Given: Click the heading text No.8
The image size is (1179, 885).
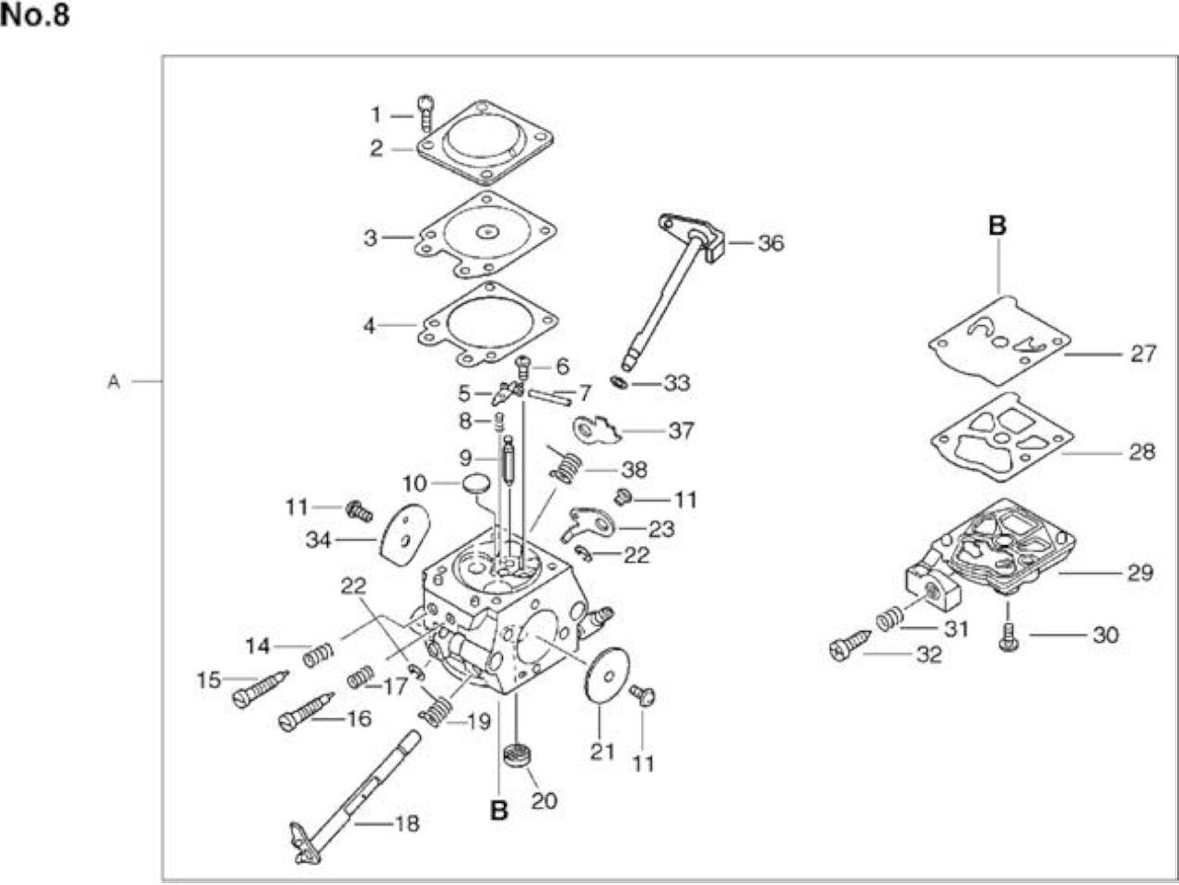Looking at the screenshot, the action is pyautogui.click(x=35, y=15).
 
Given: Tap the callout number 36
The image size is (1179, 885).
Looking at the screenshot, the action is pyautogui.click(x=771, y=243).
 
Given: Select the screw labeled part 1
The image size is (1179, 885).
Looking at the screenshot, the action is pyautogui.click(x=426, y=113).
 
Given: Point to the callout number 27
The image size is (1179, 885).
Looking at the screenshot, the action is pyautogui.click(x=1143, y=354).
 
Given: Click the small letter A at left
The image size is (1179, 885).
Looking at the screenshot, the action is pyautogui.click(x=113, y=382).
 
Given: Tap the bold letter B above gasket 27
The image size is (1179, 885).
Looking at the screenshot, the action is pyautogui.click(x=998, y=226).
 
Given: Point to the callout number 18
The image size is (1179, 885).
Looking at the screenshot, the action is pyautogui.click(x=406, y=823).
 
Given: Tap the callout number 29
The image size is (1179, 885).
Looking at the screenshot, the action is pyautogui.click(x=1139, y=573).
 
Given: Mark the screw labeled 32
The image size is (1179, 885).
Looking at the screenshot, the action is pyautogui.click(x=850, y=645).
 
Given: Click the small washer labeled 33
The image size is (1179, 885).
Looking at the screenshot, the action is pyautogui.click(x=620, y=383).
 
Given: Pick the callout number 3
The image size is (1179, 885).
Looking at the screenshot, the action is pyautogui.click(x=370, y=238).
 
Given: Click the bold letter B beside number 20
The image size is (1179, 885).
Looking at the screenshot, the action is pyautogui.click(x=499, y=810).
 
